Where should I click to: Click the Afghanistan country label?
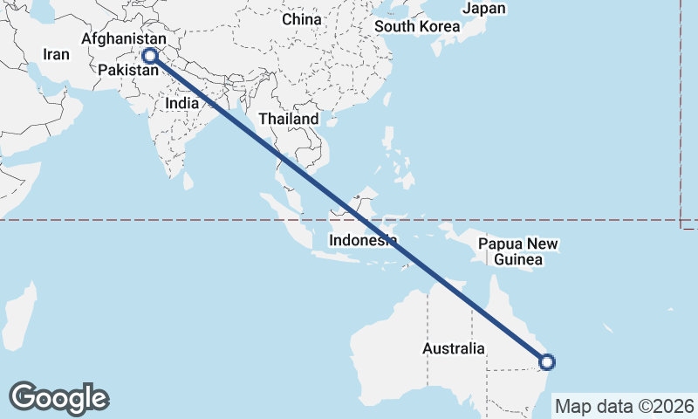pos(123,39)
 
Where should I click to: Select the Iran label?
pos(56,54)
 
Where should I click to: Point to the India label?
pos(182,102)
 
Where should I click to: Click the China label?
pos(302,19)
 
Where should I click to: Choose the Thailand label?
pos(288,118)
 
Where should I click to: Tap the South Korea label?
pos(417,26)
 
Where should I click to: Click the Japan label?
pos(483,9)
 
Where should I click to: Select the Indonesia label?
pos(363,240)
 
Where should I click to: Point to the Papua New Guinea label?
pos(518,251)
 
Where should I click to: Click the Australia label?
pos(453,348)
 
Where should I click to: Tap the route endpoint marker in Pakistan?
pos(150,56)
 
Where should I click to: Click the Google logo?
pos(58,398)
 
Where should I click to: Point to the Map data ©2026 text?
pos(625,407)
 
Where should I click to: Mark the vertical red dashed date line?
pos(681,113)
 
